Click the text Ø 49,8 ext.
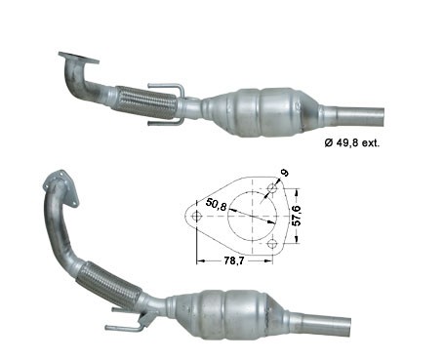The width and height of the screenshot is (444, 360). click(x=351, y=142)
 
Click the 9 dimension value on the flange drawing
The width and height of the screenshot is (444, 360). click(x=284, y=175)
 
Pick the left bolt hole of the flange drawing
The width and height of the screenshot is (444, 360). click(x=195, y=217)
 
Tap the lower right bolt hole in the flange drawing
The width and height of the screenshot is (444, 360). click(x=271, y=243)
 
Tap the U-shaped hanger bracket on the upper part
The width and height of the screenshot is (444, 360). click(x=168, y=100)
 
